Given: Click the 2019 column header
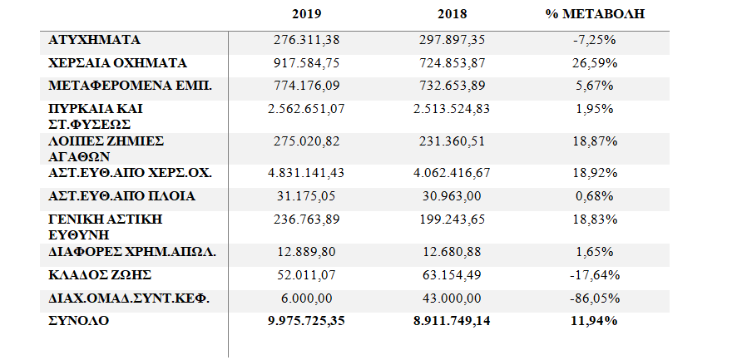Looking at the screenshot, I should coord(308,14).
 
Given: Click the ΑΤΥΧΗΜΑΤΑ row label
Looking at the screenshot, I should coord(94,39).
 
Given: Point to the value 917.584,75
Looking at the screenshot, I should coord(309,62).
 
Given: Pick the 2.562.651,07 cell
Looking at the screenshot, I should coord(309,108).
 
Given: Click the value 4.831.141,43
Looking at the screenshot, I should coord(309,174).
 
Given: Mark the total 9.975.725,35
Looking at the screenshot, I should coord(309,319).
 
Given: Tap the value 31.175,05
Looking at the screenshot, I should coord(309,196).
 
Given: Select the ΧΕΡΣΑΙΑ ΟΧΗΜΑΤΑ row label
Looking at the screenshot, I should coord(117,62).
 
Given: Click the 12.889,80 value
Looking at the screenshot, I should coord(309,252).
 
